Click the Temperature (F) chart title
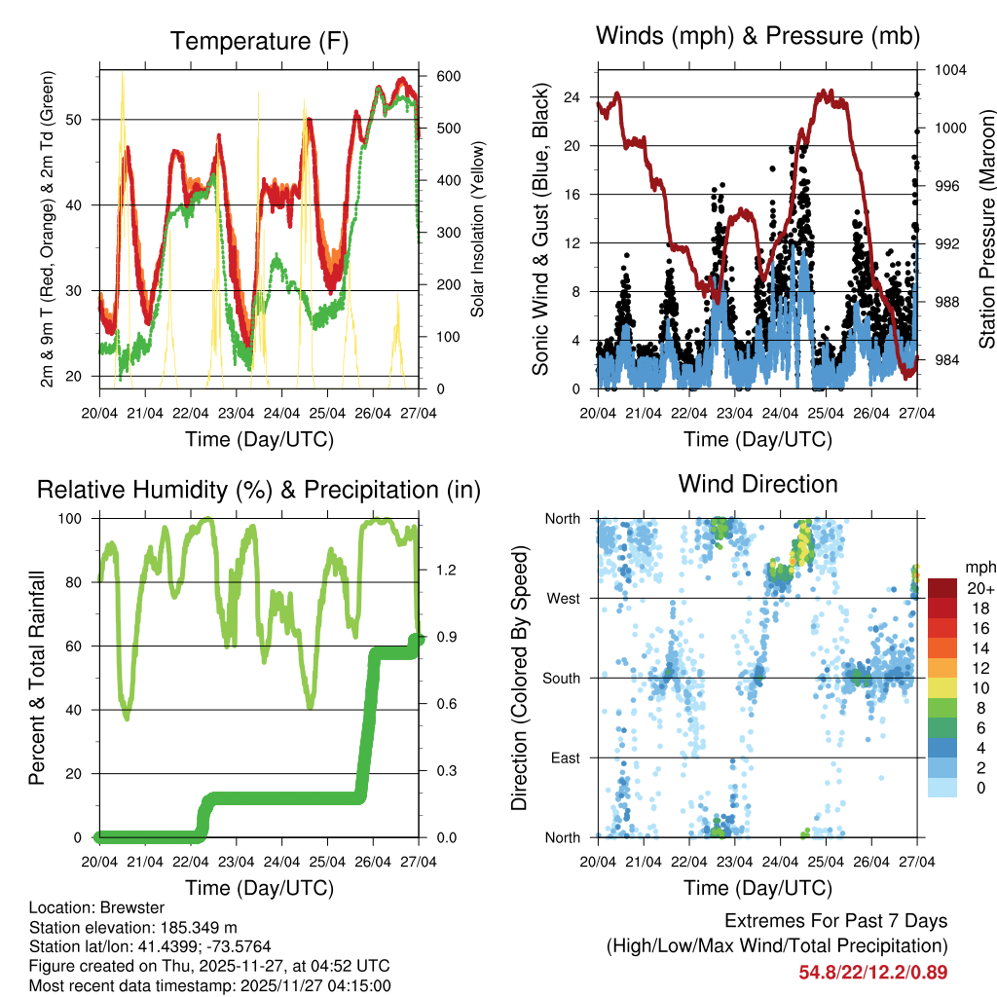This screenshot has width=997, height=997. click(x=259, y=41)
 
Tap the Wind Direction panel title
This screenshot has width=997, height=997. click(x=757, y=484)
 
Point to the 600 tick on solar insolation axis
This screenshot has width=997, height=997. click(x=447, y=76)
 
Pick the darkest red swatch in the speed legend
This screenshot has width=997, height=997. click(x=942, y=588)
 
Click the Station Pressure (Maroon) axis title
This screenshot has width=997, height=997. click(x=986, y=228)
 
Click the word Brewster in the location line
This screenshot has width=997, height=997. click(x=121, y=908)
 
